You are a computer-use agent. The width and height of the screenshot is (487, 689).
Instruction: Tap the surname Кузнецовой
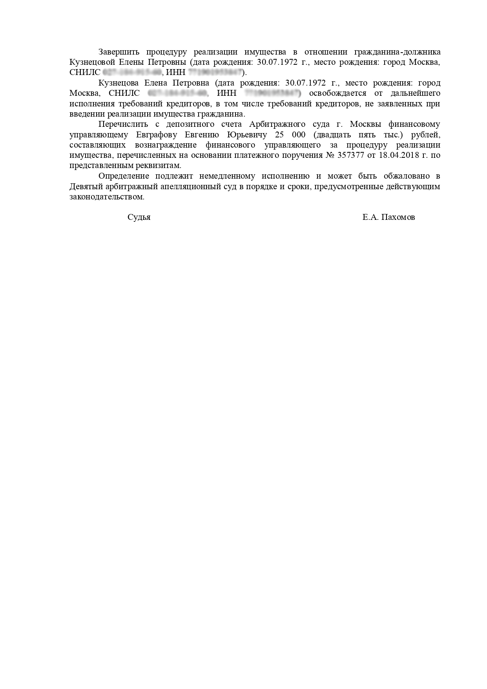click(x=92, y=62)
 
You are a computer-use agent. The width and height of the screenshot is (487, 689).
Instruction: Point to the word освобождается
click(x=338, y=93)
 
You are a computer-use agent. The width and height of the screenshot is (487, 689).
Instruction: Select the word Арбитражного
click(x=277, y=124)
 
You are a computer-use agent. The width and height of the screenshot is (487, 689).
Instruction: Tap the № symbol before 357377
click(x=330, y=155)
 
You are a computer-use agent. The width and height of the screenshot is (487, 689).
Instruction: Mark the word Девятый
click(x=84, y=186)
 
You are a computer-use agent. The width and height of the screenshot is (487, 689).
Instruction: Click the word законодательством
click(x=107, y=197)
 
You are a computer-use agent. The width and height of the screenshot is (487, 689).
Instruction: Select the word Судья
click(x=139, y=217)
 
